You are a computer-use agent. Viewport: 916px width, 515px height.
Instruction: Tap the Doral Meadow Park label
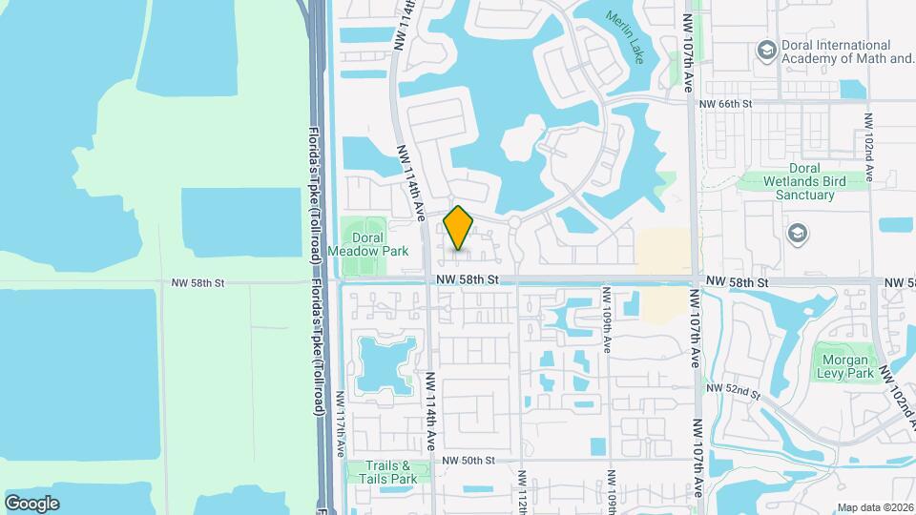[368, 243]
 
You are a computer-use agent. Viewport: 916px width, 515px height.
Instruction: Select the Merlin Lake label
[624, 37]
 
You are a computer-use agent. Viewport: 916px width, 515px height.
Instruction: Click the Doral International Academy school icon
[765, 49]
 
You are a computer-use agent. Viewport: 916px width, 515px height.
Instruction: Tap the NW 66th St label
[725, 103]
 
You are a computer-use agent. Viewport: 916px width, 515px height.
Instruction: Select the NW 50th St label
[466, 460]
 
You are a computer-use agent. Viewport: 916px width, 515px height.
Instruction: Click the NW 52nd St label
[733, 391]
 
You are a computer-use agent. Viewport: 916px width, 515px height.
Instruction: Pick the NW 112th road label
[522, 491]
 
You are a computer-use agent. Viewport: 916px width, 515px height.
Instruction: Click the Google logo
[31, 503]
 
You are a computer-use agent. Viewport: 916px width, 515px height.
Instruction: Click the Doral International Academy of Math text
[836, 51]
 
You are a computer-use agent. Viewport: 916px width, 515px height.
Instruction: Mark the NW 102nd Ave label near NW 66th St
[868, 148]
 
